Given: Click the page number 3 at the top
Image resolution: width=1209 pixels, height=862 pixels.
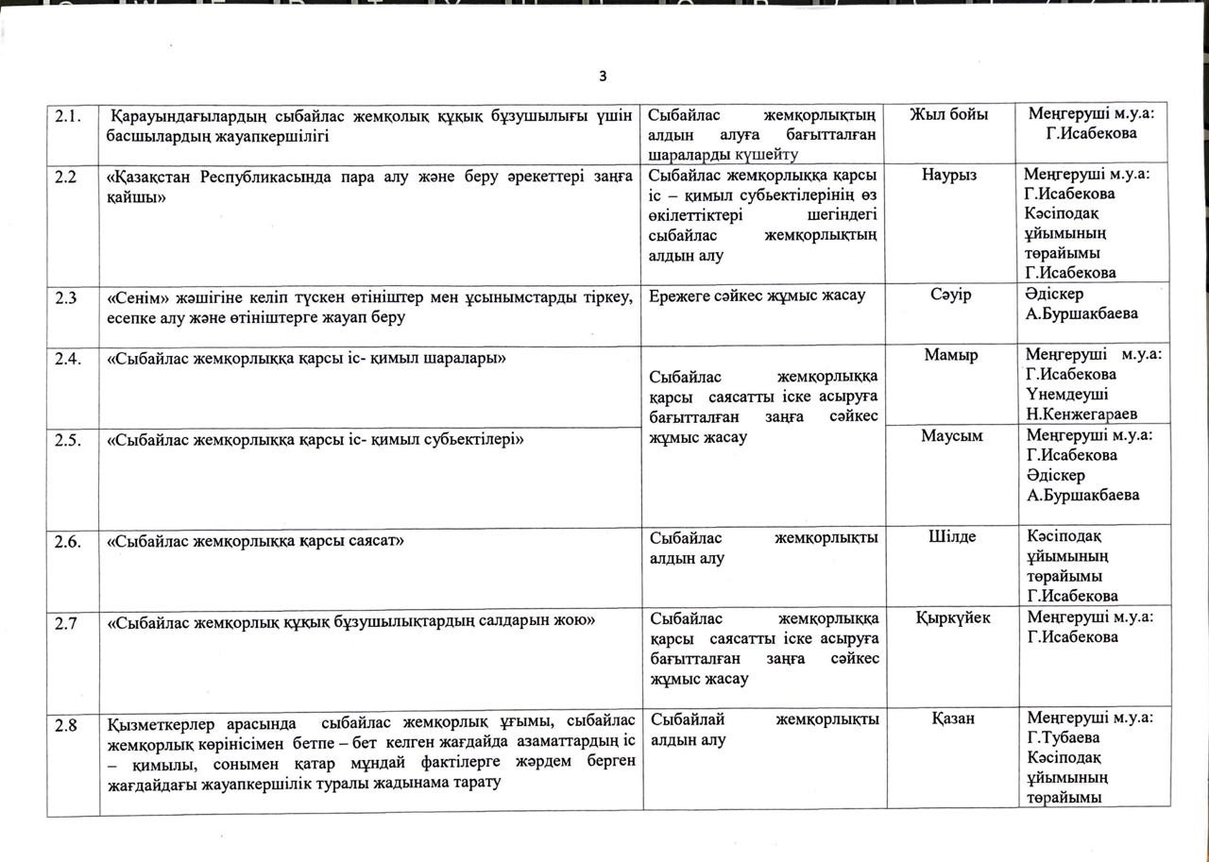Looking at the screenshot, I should coord(603,76).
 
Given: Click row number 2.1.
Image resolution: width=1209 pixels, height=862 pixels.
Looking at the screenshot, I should coord(67,116).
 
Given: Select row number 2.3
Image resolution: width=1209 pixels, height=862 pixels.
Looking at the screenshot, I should coord(65,297).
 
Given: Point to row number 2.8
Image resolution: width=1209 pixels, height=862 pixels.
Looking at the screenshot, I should coord(65,725).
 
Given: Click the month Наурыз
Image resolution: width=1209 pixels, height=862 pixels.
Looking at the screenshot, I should coord(949,175).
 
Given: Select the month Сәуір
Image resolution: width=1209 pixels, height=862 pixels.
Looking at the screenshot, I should coord(949,296).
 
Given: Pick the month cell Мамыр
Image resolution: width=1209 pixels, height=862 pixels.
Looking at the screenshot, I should coord(950,355).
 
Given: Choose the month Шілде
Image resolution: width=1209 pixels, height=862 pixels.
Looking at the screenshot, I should coord(950,536).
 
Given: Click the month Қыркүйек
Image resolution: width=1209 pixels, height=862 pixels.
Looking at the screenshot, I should coord(953,617).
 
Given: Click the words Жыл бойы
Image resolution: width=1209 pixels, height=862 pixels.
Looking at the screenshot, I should coord(948,114).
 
